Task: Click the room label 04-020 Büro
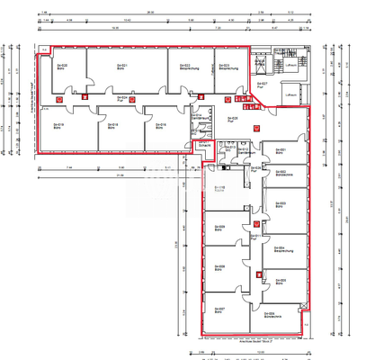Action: [63, 66]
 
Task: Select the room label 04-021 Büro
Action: [122, 66]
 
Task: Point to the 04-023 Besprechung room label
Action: [226, 67]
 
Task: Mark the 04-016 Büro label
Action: [160, 126]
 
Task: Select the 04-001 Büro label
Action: [279, 151]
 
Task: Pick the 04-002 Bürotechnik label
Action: [281, 173]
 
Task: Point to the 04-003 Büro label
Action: [280, 206]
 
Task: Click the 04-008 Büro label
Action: [219, 268]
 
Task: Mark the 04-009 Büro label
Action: [219, 228]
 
